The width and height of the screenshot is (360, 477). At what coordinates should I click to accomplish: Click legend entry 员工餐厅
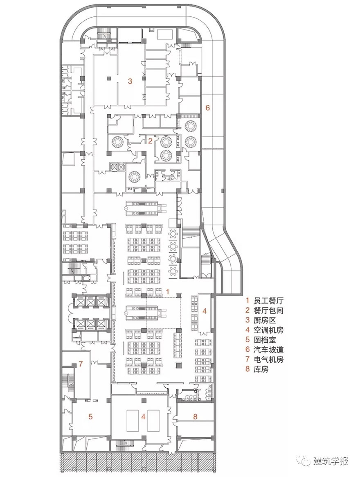pyautogui.click(x=268, y=301)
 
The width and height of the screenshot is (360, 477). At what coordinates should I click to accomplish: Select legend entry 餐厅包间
pyautogui.click(x=268, y=311)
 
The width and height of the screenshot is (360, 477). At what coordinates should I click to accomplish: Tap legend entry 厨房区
pyautogui.click(x=265, y=320)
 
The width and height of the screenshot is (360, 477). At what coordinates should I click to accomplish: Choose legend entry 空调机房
pyautogui.click(x=268, y=330)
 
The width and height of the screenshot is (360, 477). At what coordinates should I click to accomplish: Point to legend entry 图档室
pyautogui.click(x=265, y=340)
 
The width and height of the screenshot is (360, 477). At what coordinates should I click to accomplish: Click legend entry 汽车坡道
pyautogui.click(x=268, y=350)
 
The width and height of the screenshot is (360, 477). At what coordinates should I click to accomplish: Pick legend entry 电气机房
pyautogui.click(x=268, y=359)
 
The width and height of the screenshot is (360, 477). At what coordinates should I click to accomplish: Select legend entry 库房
pyautogui.click(x=261, y=369)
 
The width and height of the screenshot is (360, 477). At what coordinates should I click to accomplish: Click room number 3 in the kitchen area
pyautogui.click(x=130, y=81)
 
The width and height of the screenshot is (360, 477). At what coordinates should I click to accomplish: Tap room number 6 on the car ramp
pyautogui.click(x=208, y=107)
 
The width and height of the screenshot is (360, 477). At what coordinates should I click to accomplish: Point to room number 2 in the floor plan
pyautogui.click(x=150, y=141)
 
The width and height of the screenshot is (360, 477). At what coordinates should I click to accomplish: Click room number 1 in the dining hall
pyautogui.click(x=167, y=291)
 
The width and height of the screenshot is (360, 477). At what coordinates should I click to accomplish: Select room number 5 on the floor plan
pyautogui.click(x=90, y=416)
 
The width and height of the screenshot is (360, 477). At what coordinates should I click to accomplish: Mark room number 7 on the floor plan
pyautogui.click(x=80, y=363)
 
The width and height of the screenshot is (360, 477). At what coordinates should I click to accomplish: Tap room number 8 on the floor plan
pyautogui.click(x=195, y=416)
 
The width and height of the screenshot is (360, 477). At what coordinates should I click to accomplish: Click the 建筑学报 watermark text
pyautogui.click(x=331, y=461)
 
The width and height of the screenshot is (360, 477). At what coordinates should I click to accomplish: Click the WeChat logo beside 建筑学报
pyautogui.click(x=304, y=461)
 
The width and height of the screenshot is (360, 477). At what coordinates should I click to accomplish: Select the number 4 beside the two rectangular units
pyautogui.click(x=143, y=416)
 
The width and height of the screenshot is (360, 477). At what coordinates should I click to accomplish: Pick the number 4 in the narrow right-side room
pyautogui.click(x=205, y=311)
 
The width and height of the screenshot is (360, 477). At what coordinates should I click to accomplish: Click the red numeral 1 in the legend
pyautogui.click(x=248, y=301)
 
